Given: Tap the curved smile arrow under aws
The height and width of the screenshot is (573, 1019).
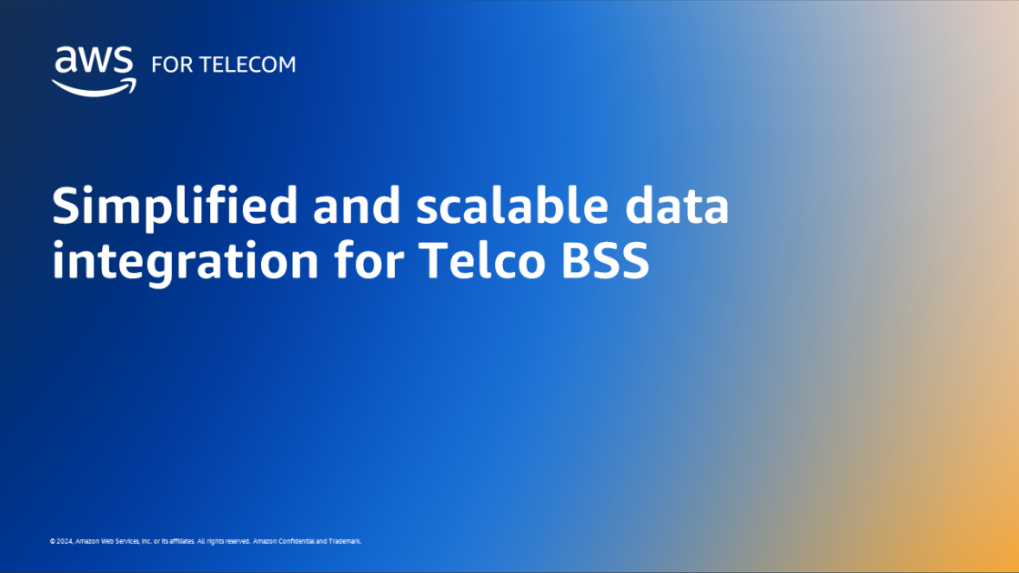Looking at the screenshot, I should coord(94,86).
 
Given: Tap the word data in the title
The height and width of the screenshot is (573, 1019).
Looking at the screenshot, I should coord(678,208).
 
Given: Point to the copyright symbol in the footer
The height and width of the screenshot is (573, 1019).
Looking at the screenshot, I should coord(53,541).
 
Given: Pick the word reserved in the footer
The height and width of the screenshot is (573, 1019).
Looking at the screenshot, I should coord(237,541).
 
